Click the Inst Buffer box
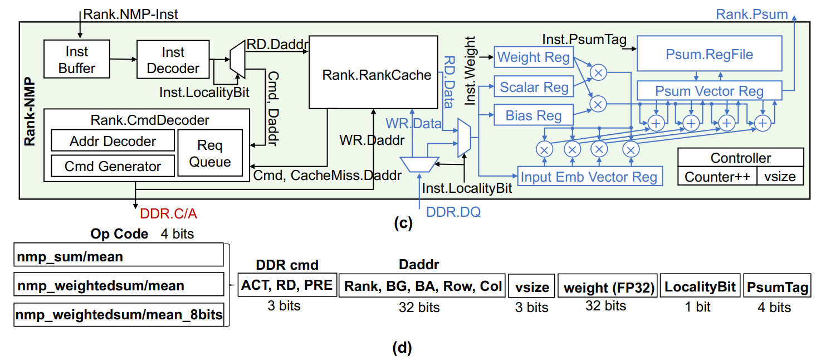pyautogui.click(x=77, y=60)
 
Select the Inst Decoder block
pyautogui.click(x=173, y=60)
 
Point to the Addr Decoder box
pyautogui.click(x=113, y=141)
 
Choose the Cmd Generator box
pyautogui.click(x=113, y=166)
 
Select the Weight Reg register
pyautogui.click(x=533, y=57)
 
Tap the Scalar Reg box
pyautogui.click(x=533, y=87)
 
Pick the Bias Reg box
pyautogui.click(x=533, y=116)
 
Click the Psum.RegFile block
pyautogui.click(x=709, y=54)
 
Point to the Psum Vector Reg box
pyautogui.click(x=709, y=91)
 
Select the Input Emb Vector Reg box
pyautogui.click(x=590, y=177)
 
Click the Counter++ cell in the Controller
pyautogui.click(x=717, y=177)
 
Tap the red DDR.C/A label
pyautogui.click(x=168, y=213)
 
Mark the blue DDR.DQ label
pyautogui.click(x=453, y=212)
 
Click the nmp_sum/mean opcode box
pyautogui.click(x=118, y=257)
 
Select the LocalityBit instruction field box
pyautogui.click(x=700, y=286)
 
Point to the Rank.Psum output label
pyautogui.click(x=751, y=14)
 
